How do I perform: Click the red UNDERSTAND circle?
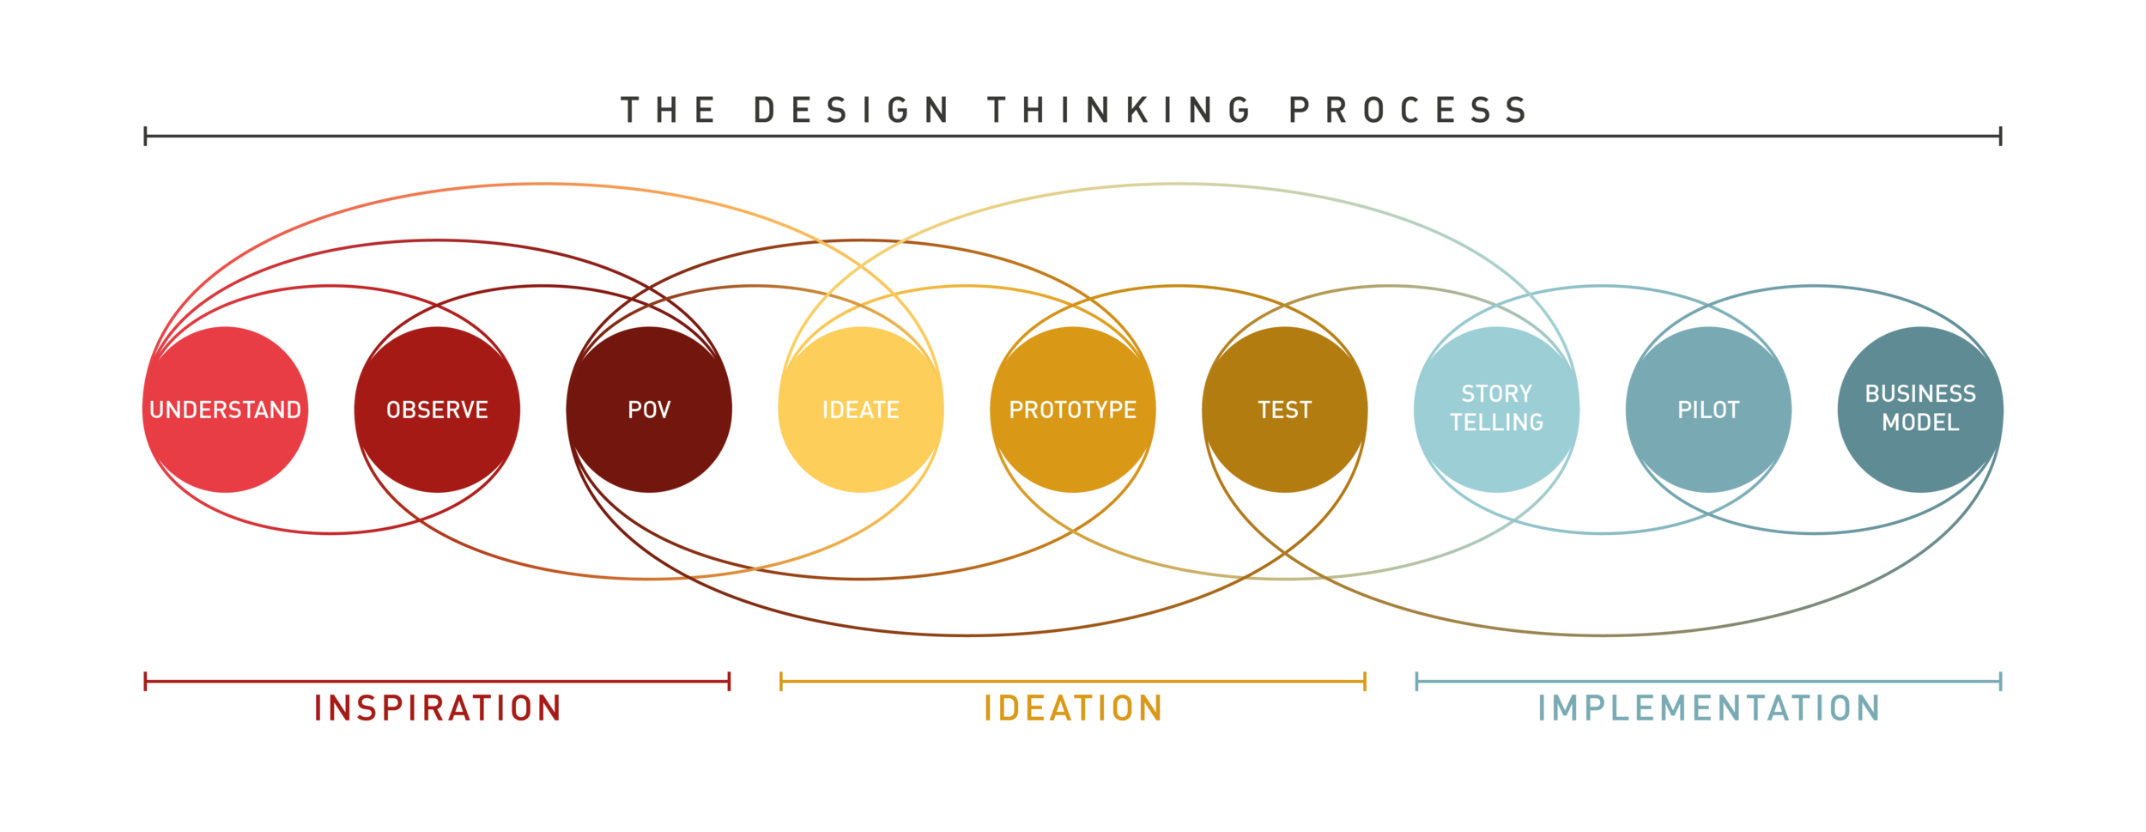coord(225,410)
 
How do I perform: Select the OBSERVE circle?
coord(437,410)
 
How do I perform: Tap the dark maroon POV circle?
coord(649,410)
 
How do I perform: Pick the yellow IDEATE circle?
coord(861,410)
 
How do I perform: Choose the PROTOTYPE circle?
coord(1073,410)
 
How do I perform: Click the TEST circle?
coord(1285,410)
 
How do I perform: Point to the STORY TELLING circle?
coord(1496,410)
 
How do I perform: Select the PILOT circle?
coord(1708,410)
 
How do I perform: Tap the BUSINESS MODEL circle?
coord(1920,410)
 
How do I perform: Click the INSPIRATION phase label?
coord(437,708)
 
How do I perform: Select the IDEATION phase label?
coord(1073,708)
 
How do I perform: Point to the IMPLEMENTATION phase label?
coord(1708,708)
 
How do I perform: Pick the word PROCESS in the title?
coord(1409,111)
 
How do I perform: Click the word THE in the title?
coord(669,111)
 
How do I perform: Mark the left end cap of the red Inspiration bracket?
coord(145,682)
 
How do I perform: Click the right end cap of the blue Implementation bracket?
coord(2001,682)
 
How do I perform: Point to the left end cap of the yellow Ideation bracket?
coord(780,682)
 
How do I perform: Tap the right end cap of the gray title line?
coord(2001,136)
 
